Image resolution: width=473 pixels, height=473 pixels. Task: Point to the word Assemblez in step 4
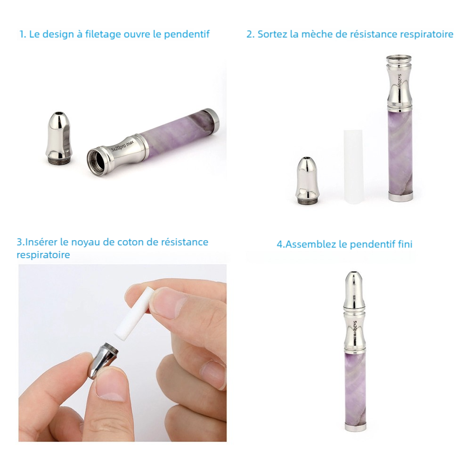tap(312, 245)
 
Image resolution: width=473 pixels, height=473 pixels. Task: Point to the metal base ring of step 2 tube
tap(401, 196)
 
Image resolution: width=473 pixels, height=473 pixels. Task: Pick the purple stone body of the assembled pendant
tap(352, 386)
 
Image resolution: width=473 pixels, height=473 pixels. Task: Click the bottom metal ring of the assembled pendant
tap(352, 427)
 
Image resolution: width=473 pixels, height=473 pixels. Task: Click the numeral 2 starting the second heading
tap(249, 34)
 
